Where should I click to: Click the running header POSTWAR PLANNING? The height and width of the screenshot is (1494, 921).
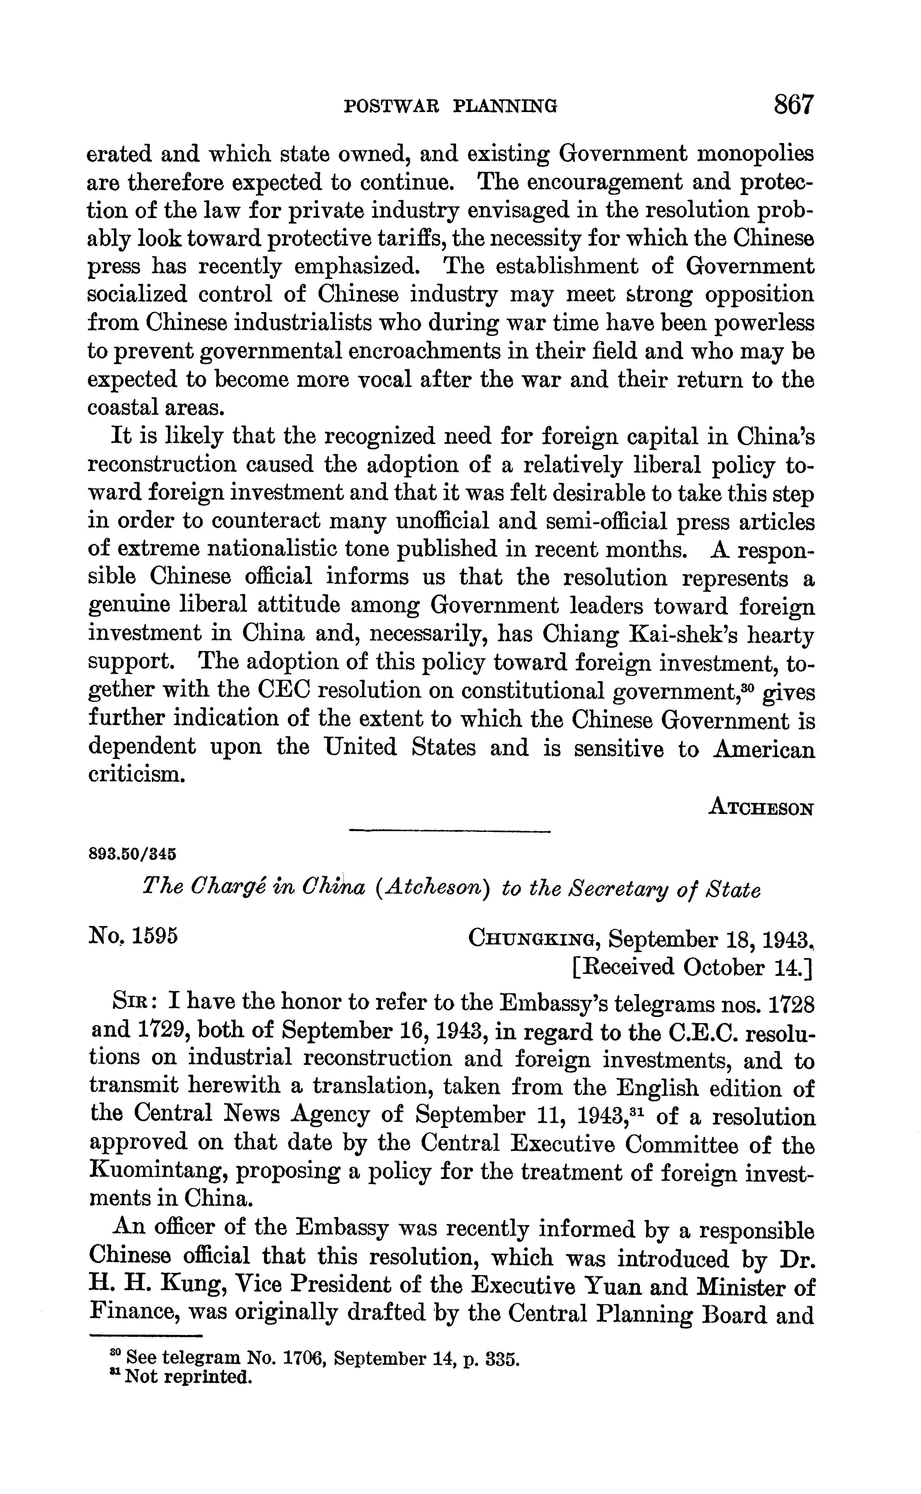[451, 107]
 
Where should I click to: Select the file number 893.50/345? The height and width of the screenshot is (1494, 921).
[132, 853]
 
